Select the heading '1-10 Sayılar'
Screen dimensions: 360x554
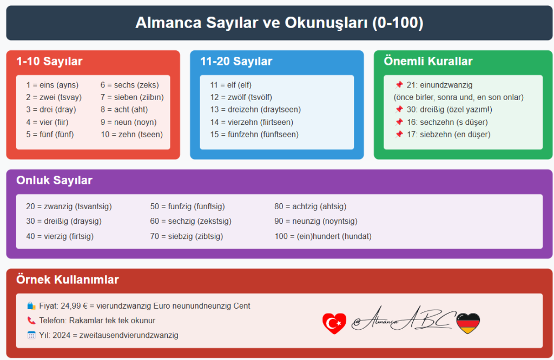tap(49, 61)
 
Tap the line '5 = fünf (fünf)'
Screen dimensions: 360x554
tap(50, 134)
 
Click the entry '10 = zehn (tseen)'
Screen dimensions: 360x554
tap(131, 134)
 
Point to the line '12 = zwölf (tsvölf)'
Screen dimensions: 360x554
tap(241, 97)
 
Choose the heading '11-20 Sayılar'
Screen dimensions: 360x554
tap(236, 61)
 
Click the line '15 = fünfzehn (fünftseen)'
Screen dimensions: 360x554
tap(254, 134)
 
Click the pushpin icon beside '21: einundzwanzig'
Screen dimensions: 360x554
tap(399, 85)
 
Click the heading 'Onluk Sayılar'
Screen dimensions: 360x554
tap(54, 180)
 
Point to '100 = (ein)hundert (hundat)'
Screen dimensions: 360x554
tap(323, 236)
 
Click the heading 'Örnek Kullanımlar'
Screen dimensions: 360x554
tap(68, 279)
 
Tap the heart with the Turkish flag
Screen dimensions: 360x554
tap(333, 323)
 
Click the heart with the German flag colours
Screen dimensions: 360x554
tap(468, 323)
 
